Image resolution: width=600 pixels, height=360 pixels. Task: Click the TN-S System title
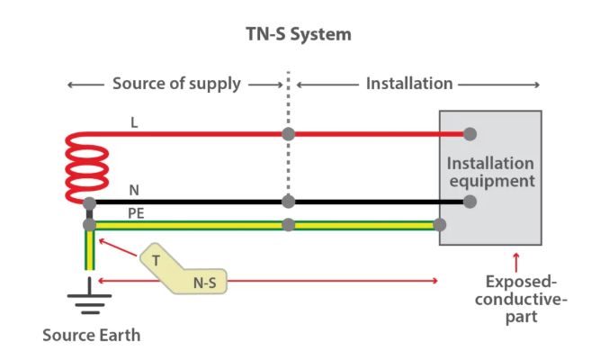300,35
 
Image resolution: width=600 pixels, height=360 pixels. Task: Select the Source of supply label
176,84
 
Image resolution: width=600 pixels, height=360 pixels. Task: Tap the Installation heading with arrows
409,84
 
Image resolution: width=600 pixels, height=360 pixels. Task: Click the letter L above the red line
134,122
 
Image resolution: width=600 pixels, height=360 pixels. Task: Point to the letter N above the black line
134,190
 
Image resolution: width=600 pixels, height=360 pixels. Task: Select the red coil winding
87,167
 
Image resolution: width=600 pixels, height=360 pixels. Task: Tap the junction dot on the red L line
288,134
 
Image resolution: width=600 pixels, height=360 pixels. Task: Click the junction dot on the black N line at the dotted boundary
288,202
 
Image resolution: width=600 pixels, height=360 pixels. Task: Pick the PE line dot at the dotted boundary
288,224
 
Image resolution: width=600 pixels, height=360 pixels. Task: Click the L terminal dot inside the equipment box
469,134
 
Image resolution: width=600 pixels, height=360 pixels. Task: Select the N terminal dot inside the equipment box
469,202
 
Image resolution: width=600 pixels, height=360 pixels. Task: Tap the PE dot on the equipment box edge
439,224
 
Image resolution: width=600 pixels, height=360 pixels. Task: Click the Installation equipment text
490,172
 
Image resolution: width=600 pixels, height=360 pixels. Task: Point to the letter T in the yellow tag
156,259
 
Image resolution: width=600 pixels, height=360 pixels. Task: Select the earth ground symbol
87,300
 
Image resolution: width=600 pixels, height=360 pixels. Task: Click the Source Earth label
92,336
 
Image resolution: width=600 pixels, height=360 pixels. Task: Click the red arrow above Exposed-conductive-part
515,262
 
